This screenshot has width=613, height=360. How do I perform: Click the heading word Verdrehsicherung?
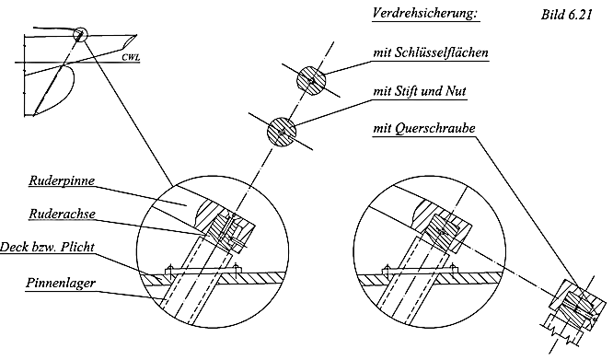(x=426, y=13)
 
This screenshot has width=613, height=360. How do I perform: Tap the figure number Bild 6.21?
(x=566, y=15)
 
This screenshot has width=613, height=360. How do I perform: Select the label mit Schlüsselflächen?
(x=431, y=52)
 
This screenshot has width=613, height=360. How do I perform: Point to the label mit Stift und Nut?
(x=420, y=91)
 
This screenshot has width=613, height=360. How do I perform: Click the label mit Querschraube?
(x=424, y=128)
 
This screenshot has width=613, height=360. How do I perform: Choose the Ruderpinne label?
(x=62, y=181)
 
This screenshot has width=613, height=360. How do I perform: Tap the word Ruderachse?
(x=63, y=214)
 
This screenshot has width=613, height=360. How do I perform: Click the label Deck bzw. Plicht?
(x=47, y=247)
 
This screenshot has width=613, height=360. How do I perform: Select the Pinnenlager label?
(x=61, y=283)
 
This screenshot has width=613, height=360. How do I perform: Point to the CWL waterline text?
(x=131, y=57)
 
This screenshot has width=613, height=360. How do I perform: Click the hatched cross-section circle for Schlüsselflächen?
(x=310, y=81)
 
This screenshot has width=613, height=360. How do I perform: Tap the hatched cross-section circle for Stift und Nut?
(x=282, y=132)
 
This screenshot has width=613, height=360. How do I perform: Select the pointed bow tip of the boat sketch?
(x=136, y=35)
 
